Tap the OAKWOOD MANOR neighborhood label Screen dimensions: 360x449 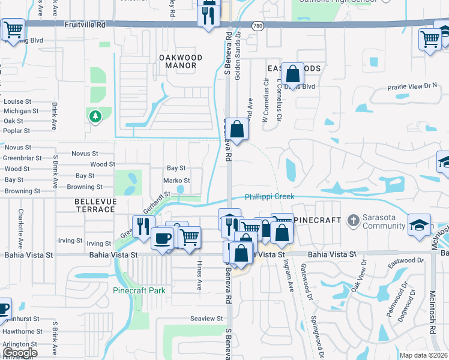click(x=181, y=62)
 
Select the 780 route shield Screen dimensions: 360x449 click(x=258, y=26)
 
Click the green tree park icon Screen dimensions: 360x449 click(x=95, y=116)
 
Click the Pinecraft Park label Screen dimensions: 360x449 click(x=139, y=290)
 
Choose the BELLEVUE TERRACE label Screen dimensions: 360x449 click(x=95, y=205)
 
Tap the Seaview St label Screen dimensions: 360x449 click(x=206, y=318)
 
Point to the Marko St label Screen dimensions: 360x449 click(x=176, y=181)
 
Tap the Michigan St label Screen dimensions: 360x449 click(x=21, y=111)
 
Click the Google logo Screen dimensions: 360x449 click(x=20, y=353)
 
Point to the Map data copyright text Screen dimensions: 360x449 click(x=423, y=355)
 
